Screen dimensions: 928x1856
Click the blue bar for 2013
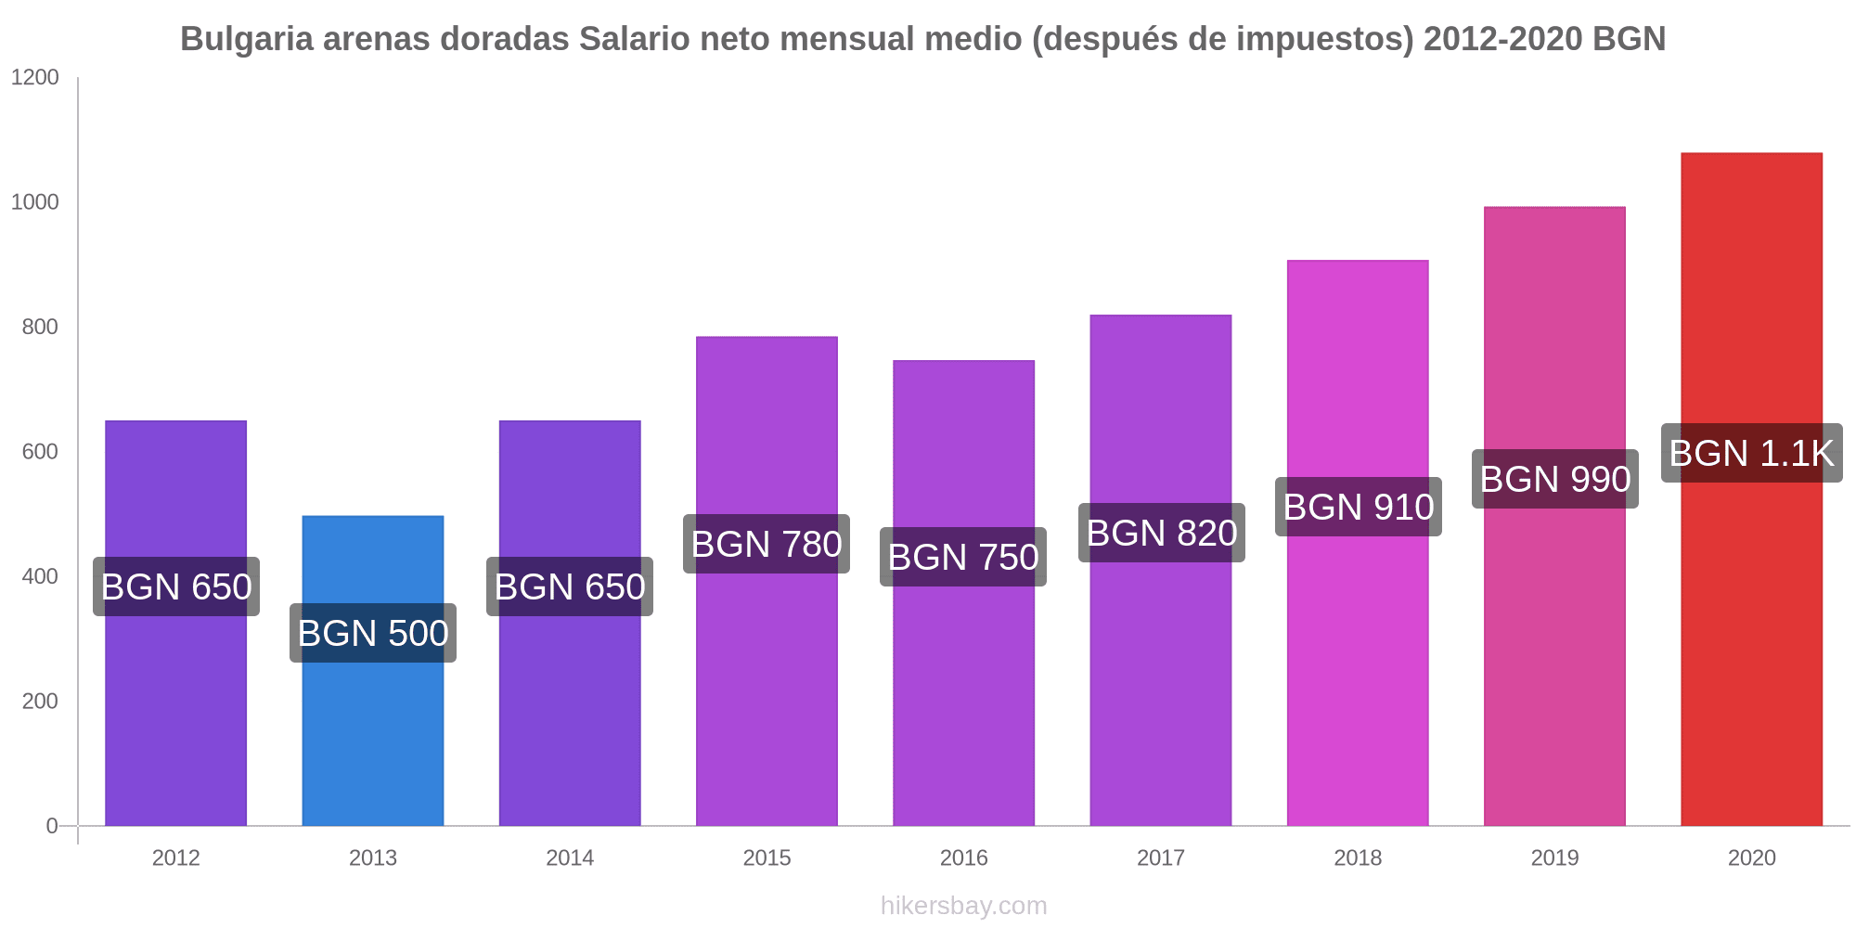[372, 724]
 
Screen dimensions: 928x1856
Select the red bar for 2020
[1751, 650]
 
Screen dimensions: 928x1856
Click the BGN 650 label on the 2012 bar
[176, 586]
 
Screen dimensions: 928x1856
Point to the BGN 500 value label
[373, 633]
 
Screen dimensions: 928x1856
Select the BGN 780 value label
[767, 544]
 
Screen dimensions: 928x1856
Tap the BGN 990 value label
[1555, 479]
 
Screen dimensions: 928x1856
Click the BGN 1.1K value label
[1751, 453]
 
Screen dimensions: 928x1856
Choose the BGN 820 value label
[1162, 533]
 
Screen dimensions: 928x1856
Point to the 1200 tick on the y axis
[35, 78]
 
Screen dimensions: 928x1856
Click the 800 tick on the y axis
[41, 327]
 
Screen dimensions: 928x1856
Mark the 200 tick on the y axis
[41, 702]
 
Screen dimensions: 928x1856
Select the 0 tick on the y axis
[52, 826]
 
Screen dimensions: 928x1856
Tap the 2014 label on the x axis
[570, 857]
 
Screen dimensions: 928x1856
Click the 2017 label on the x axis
[1161, 857]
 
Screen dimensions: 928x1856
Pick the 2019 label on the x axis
[1554, 857]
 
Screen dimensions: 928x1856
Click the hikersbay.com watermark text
[963, 906]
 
